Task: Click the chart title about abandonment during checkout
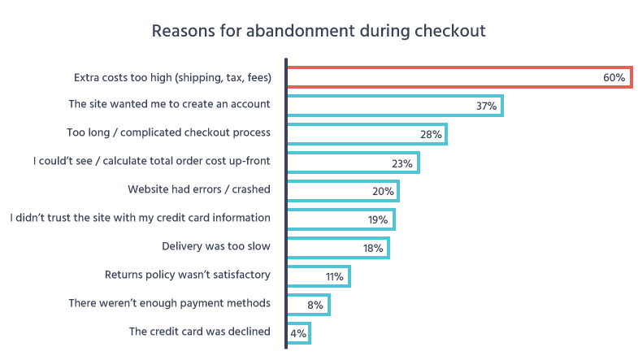[319, 31]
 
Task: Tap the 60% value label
[614, 78]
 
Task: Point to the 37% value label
[486, 106]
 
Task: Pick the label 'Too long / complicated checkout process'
[168, 132]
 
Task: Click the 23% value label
[402, 163]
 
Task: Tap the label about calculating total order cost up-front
[152, 161]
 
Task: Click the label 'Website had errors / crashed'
[199, 189]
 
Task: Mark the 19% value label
[379, 220]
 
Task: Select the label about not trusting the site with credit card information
[140, 218]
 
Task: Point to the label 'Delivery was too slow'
[216, 246]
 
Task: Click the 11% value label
[335, 277]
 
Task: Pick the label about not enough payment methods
[169, 303]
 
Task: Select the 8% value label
[315, 306]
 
